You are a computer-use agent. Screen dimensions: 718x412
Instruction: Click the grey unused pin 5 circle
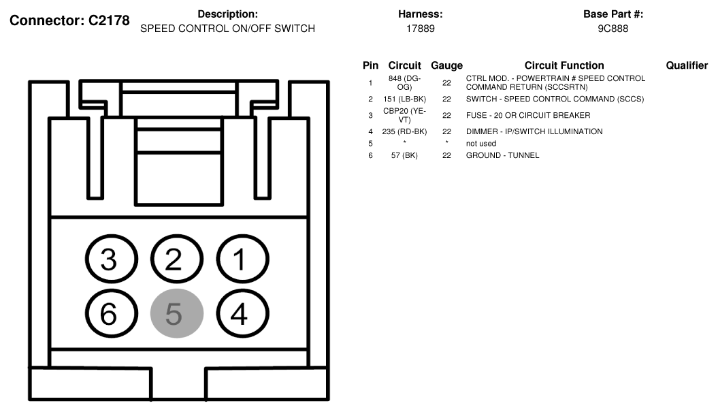pyautogui.click(x=177, y=313)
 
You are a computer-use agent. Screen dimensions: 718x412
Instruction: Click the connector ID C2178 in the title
pyautogui.click(x=109, y=20)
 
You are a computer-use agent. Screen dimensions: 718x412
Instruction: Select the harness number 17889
pyautogui.click(x=421, y=29)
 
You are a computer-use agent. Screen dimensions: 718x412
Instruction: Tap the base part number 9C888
pyautogui.click(x=613, y=29)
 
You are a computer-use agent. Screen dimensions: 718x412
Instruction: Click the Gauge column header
pyautogui.click(x=446, y=65)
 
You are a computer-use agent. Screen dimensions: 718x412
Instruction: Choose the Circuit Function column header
pyautogui.click(x=564, y=65)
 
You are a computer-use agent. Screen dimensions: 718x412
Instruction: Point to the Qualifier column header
pyautogui.click(x=687, y=65)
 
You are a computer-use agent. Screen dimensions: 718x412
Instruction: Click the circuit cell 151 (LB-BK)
pyautogui.click(x=404, y=99)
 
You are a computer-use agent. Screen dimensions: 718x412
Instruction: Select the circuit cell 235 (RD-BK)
pyautogui.click(x=404, y=131)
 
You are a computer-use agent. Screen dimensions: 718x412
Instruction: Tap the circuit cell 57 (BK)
pyautogui.click(x=404, y=155)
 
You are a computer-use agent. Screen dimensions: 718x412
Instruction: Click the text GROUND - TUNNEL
pyautogui.click(x=502, y=155)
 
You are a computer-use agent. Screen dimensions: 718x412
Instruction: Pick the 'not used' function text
pyautogui.click(x=480, y=144)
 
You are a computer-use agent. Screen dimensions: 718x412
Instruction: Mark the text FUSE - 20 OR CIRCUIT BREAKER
pyautogui.click(x=528, y=116)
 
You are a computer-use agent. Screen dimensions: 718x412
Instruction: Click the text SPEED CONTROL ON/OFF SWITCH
pyautogui.click(x=227, y=29)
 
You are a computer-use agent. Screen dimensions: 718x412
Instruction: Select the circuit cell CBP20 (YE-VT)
pyautogui.click(x=404, y=116)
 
